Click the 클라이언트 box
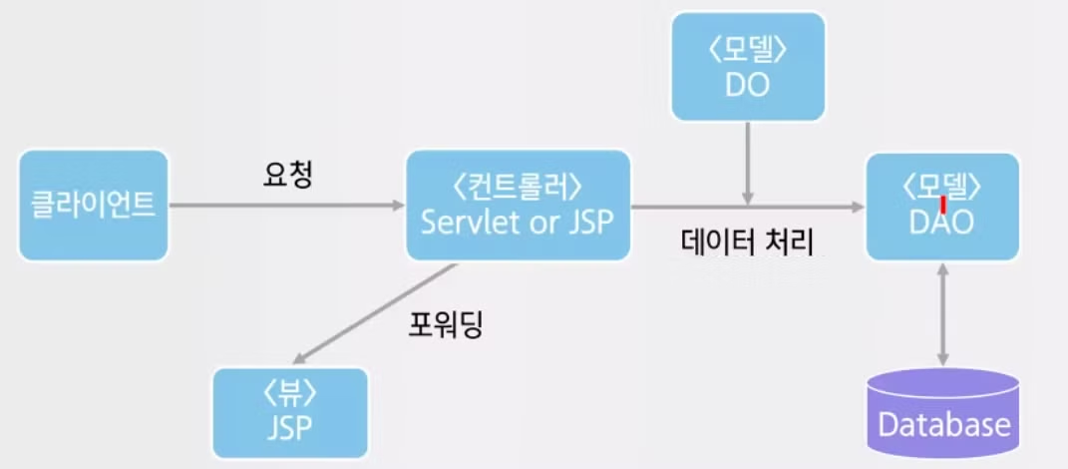click(x=92, y=205)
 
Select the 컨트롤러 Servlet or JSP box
click(x=519, y=205)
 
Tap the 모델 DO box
click(x=747, y=66)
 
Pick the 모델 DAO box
click(x=942, y=207)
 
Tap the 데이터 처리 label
click(x=748, y=241)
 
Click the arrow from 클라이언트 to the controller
click(x=284, y=207)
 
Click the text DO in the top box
click(x=747, y=84)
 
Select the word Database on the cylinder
click(x=942, y=425)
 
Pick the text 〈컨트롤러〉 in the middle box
click(x=518, y=187)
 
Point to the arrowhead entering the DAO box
click(x=856, y=207)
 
